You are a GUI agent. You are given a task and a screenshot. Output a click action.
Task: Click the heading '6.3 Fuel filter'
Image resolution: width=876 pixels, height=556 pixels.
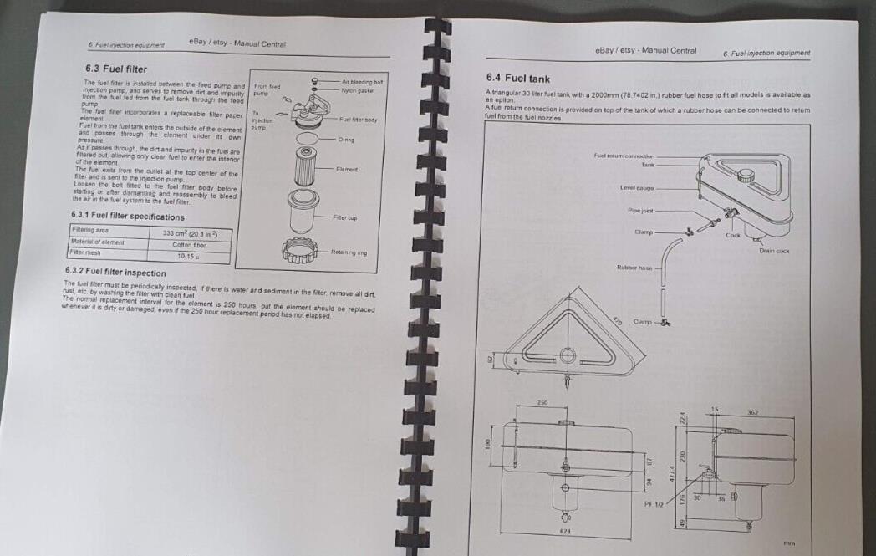pyautogui.click(x=117, y=67)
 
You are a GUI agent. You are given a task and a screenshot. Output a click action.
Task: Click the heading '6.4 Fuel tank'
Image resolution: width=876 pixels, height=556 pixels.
pyautogui.click(x=517, y=78)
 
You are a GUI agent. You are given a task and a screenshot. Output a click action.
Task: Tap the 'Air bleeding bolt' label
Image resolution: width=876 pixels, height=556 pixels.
pyautogui.click(x=362, y=82)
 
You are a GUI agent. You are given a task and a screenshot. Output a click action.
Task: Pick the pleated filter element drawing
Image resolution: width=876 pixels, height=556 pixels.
pyautogui.click(x=304, y=166)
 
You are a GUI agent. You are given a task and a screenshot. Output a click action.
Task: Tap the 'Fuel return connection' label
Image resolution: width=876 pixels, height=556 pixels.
pyautogui.click(x=624, y=156)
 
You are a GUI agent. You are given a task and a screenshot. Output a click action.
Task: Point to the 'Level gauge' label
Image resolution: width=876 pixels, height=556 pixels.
pyautogui.click(x=637, y=188)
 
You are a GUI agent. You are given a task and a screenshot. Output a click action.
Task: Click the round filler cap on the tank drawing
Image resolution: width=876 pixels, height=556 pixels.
pyautogui.click(x=746, y=176)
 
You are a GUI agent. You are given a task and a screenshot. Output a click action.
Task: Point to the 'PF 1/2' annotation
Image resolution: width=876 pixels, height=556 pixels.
pyautogui.click(x=654, y=504)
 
